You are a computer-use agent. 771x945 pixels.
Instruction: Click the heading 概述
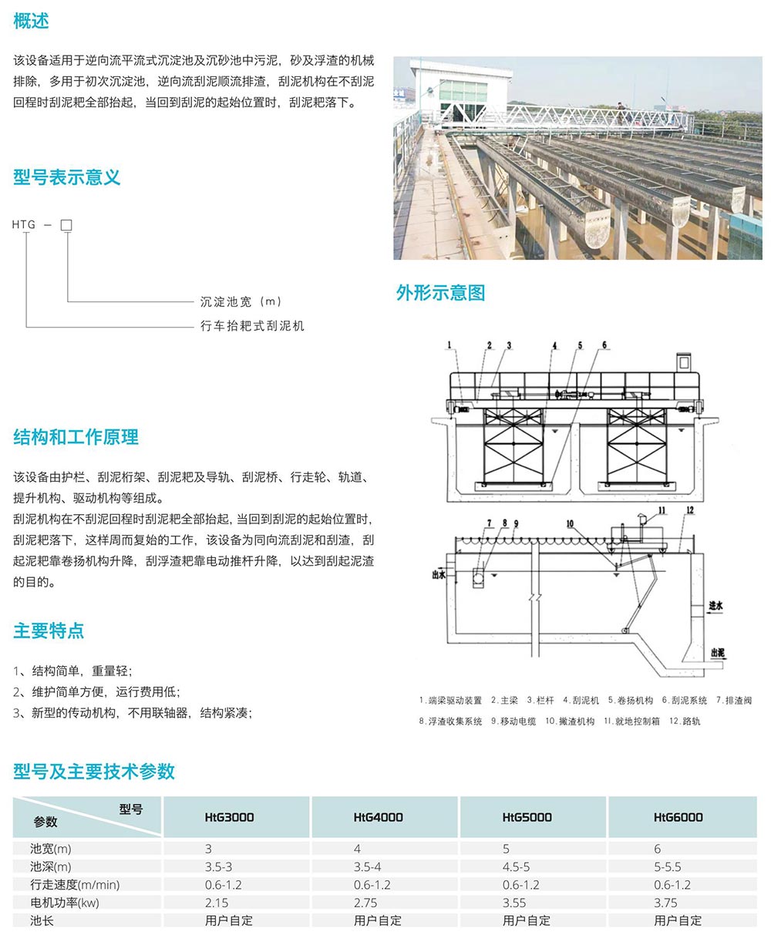[31, 22]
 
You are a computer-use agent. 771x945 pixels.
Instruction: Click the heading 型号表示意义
[67, 177]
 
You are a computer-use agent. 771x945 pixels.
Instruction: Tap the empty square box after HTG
[66, 225]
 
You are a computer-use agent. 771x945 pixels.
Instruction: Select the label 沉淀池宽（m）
[241, 301]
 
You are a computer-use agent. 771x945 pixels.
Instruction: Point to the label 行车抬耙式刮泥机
[252, 326]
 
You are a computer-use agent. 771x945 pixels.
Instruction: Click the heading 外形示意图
[440, 293]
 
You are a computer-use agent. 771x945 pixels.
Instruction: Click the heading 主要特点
[49, 631]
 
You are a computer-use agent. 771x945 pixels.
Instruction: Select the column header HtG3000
[229, 817]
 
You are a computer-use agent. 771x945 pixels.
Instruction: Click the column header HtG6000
[678, 817]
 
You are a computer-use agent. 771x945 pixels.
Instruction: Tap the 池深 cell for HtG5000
[516, 867]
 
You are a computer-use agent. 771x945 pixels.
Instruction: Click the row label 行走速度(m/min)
[75, 885]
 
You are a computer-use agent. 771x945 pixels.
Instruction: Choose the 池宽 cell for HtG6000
[658, 849]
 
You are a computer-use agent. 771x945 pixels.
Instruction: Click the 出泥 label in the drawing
[717, 653]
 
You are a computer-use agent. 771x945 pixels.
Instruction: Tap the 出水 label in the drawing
[439, 573]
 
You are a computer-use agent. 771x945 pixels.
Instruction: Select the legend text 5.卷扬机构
[630, 701]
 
